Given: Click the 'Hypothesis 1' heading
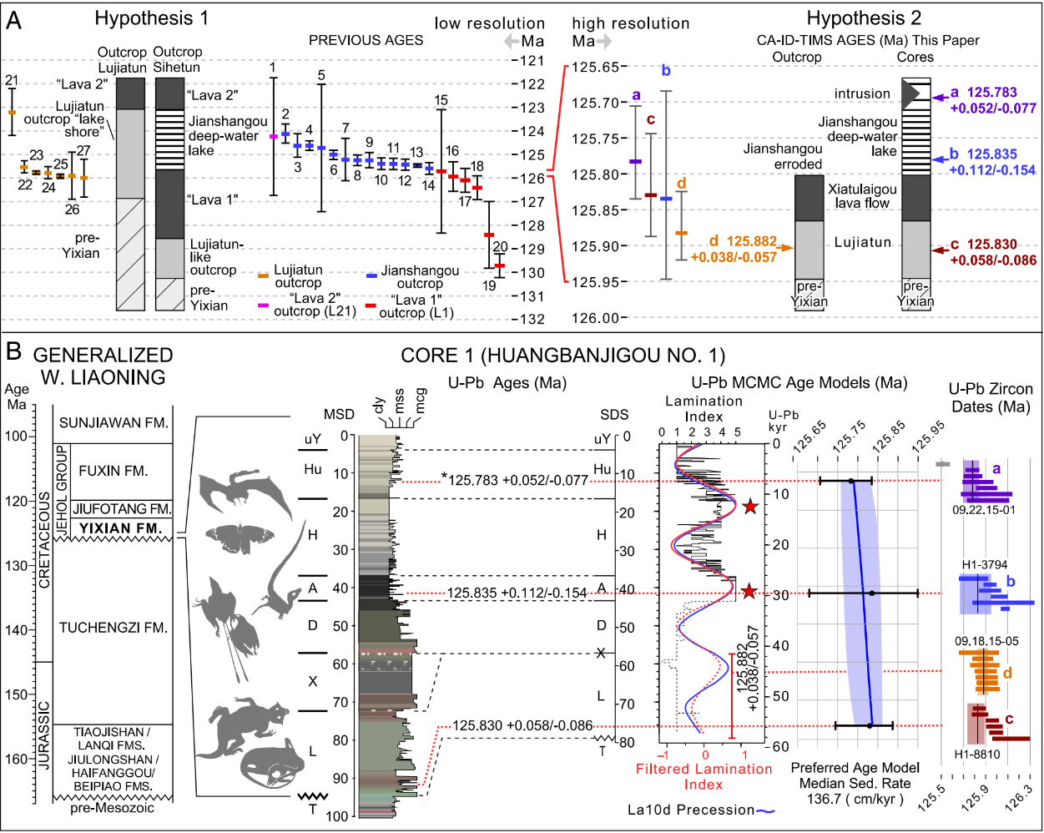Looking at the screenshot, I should tap(152, 18).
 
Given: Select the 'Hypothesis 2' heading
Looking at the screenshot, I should tap(863, 18).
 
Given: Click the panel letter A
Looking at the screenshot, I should tap(13, 18).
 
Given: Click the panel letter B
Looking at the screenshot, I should tap(13, 351).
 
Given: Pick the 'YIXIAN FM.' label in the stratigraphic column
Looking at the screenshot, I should tap(122, 528).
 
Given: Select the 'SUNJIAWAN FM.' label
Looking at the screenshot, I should tap(113, 423).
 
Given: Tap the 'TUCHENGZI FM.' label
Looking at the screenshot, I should tap(113, 628).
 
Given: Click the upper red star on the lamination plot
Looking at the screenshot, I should tap(750, 507).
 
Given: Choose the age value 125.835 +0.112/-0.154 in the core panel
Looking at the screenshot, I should tap(517, 593).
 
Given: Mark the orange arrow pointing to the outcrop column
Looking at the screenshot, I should tap(784, 248).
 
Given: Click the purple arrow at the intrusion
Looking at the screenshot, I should tap(939, 98).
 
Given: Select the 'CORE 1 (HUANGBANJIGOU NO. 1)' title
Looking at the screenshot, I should tap(562, 356).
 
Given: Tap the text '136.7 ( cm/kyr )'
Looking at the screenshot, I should tap(855, 799).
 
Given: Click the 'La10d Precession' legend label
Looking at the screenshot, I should tap(691, 810).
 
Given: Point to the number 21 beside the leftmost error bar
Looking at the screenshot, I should tap(11, 80).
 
